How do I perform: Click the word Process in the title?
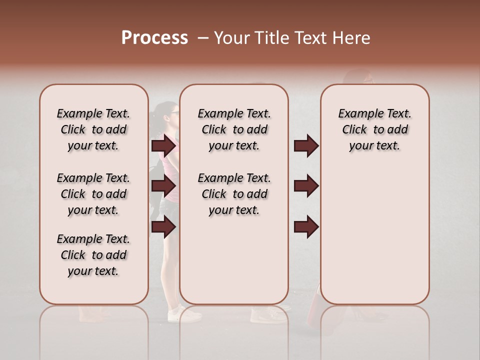(154, 38)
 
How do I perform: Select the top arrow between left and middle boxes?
(163, 146)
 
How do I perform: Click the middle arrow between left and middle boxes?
(163, 186)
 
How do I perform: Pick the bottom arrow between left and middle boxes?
(163, 227)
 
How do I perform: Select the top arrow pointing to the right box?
(306, 146)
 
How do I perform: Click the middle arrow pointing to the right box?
(306, 186)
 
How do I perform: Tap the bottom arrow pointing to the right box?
(306, 227)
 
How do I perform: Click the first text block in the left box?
(93, 129)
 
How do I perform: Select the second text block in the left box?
(93, 194)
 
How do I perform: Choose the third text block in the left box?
(93, 255)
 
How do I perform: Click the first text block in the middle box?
(234, 129)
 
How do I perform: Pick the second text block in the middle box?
(234, 194)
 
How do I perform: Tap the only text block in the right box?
(374, 129)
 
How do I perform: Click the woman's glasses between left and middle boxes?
(174, 113)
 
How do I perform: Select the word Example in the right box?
(356, 114)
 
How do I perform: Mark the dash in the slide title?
(202, 38)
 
